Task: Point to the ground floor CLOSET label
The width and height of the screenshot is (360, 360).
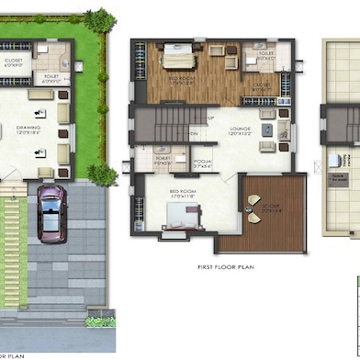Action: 14,62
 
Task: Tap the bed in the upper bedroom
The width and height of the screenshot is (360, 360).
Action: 180,62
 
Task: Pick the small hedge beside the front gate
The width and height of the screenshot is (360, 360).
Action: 100,321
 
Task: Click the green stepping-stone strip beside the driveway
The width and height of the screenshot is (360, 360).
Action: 12,248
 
